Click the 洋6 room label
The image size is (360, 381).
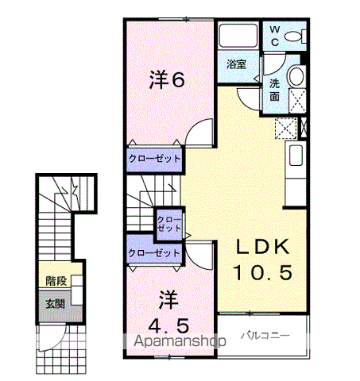click(x=167, y=79)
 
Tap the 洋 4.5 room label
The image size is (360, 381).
click(x=168, y=312)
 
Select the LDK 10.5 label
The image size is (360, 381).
click(x=263, y=260)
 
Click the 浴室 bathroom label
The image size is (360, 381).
click(x=237, y=64)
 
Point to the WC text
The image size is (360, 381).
click(x=275, y=36)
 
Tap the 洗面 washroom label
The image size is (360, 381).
click(x=275, y=90)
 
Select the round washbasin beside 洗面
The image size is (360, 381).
click(x=296, y=76)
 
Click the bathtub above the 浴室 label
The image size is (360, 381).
click(x=238, y=36)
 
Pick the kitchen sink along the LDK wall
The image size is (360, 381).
click(x=296, y=156)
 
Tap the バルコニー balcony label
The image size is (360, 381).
click(x=265, y=336)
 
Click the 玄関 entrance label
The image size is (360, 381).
click(x=56, y=304)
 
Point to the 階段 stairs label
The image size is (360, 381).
click(x=56, y=281)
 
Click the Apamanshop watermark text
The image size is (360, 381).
click(x=180, y=341)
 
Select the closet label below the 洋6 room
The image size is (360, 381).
click(x=154, y=159)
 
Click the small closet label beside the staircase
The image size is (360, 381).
click(x=169, y=224)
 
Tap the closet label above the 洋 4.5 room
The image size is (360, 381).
click(x=154, y=253)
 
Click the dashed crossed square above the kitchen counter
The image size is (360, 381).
click(x=285, y=129)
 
